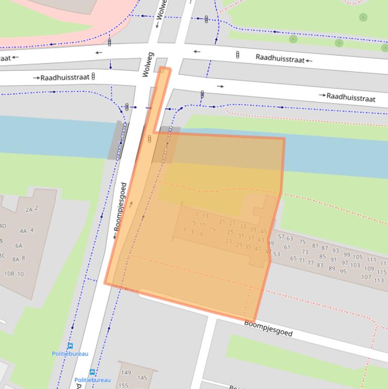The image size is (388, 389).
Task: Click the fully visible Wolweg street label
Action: click(147, 64)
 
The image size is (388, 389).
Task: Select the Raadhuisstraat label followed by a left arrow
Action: click(280, 59)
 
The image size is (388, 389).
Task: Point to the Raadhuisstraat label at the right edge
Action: click(351, 97)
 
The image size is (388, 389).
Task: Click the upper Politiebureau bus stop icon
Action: click(70, 347)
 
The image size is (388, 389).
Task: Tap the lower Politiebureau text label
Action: click(92, 380)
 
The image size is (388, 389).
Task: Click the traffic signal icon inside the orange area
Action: click(149, 139)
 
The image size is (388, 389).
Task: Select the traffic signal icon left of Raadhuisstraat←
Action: click(238, 55)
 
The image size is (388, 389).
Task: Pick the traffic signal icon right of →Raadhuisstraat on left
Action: click(94, 77)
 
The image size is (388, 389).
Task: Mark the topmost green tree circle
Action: click(363, 18)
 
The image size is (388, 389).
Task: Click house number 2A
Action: click(29, 209)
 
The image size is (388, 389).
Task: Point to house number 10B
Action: click(9, 274)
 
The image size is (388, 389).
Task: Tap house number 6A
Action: click(19, 246)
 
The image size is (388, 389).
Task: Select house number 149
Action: click(126, 373)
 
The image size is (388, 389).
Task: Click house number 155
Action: click(123, 385)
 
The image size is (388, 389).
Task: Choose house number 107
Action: click(366, 277)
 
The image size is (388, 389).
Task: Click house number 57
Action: click(281, 236)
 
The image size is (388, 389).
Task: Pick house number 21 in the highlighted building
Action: click(222, 221)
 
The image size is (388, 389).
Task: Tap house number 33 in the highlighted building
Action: click(243, 227)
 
